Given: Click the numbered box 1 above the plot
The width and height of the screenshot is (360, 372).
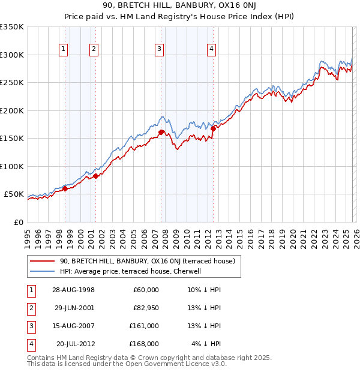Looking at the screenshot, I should click(x=64, y=50).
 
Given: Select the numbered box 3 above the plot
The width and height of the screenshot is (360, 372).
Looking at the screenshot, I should click(x=159, y=50).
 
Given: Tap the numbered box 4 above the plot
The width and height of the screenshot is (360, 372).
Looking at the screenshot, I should click(x=212, y=50).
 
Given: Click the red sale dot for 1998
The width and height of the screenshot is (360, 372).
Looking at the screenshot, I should click(x=65, y=189).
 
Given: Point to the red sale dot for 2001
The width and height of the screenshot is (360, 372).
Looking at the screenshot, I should click(x=95, y=176).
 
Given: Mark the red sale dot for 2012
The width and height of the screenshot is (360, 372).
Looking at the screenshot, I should click(x=213, y=128).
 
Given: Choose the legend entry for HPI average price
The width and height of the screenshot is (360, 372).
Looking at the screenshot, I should click(x=133, y=271).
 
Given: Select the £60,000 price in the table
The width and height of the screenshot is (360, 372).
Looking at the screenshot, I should click(x=146, y=290).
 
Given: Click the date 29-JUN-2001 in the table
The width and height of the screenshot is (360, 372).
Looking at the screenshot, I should click(x=75, y=308).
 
